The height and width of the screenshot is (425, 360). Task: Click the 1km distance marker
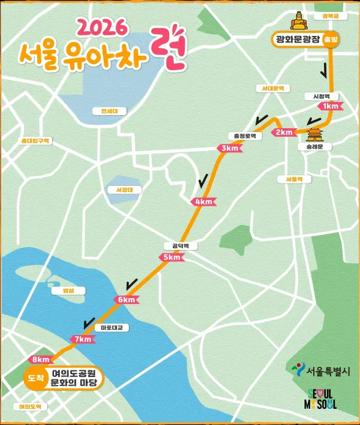click(331, 106)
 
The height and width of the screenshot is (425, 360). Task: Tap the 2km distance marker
click(283, 132)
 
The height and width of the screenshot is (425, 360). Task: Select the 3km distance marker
click(229, 148)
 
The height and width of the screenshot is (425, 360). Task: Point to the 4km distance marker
click(203, 201)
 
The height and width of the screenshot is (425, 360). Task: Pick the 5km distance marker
click(172, 257)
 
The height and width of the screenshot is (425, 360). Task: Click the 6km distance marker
click(127, 300)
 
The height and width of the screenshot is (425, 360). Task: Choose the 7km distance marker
click(82, 339)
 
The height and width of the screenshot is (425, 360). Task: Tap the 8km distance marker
click(40, 360)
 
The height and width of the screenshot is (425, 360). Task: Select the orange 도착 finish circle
click(36, 378)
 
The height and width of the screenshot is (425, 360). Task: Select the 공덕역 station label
click(180, 246)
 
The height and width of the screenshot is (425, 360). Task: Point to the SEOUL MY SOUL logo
click(322, 399)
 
